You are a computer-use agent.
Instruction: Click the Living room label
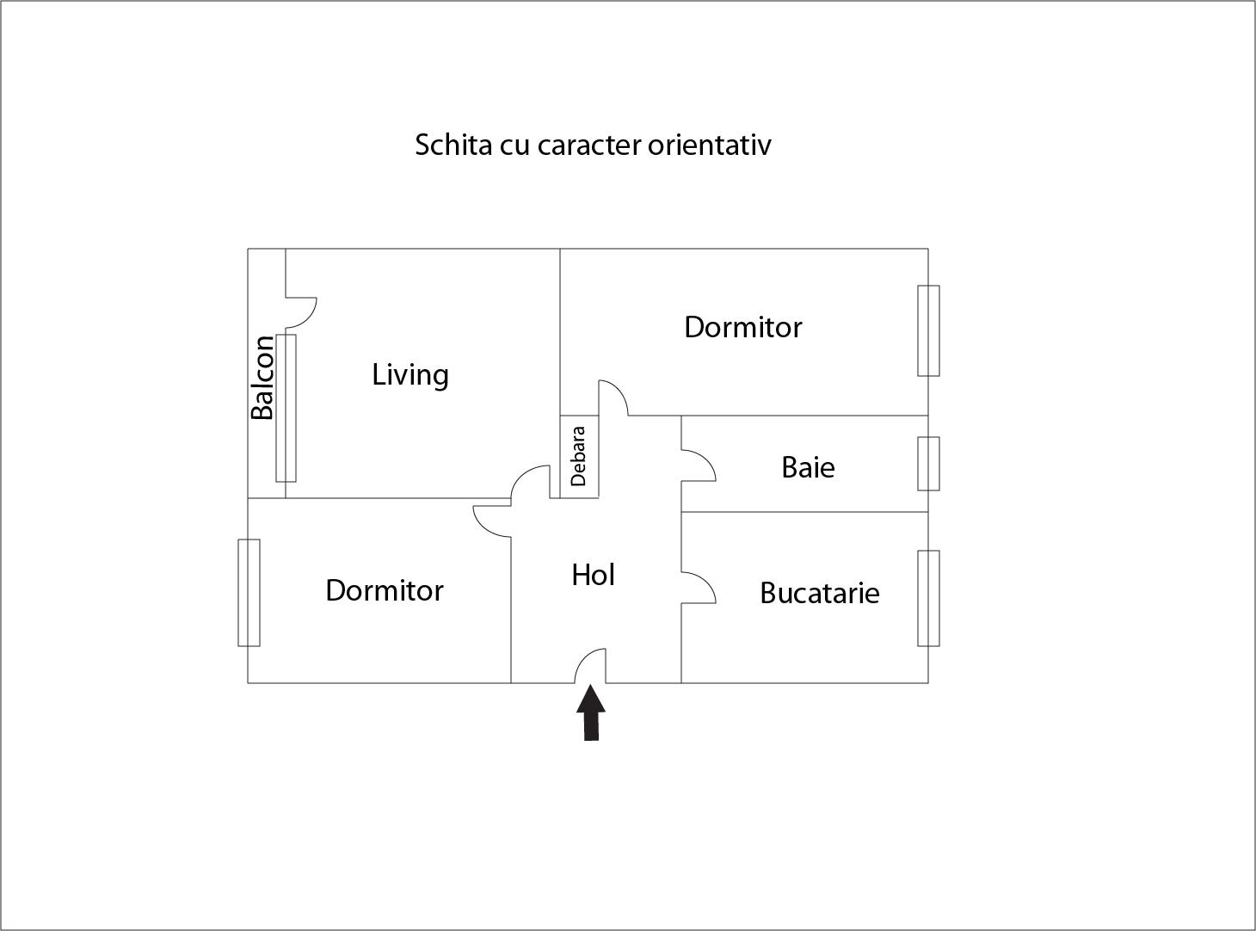pos(410,375)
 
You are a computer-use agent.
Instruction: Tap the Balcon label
pos(262,377)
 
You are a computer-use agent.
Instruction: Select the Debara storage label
pos(578,456)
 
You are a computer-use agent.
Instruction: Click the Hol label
pos(593,575)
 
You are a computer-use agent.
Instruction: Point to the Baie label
pos(808,467)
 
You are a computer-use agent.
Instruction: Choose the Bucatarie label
pos(819,593)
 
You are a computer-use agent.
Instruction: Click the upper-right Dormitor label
pos(742,327)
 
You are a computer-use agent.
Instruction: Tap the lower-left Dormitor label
pos(384,590)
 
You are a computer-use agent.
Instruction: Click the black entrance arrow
pos(591,712)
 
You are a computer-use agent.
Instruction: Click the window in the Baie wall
pos(928,464)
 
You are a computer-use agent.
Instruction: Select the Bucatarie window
pos(928,598)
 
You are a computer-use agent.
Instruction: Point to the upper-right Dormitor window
pos(928,330)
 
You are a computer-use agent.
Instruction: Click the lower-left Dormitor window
pos(249,593)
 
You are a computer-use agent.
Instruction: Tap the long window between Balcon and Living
pos(286,408)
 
